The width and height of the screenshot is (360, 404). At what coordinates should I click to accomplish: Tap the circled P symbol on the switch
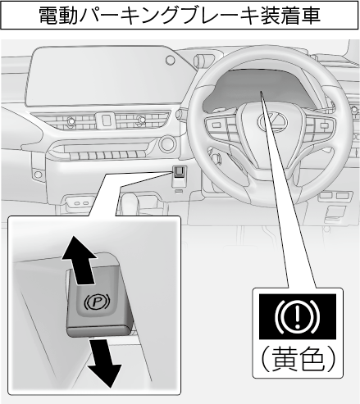tap(96, 302)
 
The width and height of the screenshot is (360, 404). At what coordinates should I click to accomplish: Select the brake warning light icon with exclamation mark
tap(298, 316)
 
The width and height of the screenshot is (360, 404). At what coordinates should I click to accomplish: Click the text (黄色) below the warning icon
tap(298, 359)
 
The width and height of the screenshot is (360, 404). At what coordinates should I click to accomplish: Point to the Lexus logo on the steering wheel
tap(273, 120)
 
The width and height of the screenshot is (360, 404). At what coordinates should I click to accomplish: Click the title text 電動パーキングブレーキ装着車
tap(180, 16)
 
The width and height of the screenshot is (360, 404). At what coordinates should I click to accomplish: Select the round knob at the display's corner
tap(171, 60)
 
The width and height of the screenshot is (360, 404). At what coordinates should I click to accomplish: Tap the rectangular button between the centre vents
tap(106, 120)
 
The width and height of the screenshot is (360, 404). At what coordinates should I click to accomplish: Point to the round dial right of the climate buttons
tap(167, 144)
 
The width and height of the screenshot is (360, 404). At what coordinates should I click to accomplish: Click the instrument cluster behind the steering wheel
tap(260, 87)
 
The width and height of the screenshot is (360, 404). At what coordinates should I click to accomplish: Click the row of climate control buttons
tap(104, 156)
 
